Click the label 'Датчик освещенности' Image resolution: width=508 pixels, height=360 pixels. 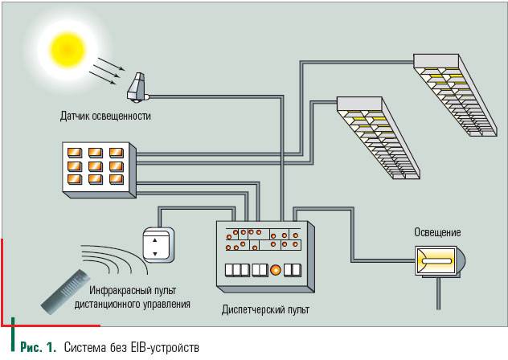(105, 116)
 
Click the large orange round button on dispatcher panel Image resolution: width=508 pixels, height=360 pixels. (274, 269)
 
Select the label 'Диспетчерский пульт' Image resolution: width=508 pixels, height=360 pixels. (265, 309)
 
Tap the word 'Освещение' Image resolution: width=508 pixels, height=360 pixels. (437, 232)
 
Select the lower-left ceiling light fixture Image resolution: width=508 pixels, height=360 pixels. (380, 137)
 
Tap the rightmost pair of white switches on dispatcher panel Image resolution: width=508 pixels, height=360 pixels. (295, 269)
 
